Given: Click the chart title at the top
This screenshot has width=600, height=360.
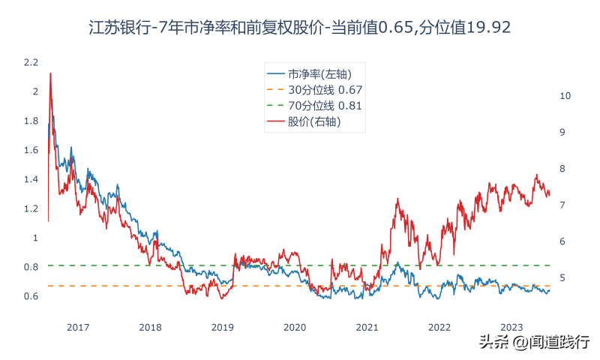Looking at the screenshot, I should point(300,28).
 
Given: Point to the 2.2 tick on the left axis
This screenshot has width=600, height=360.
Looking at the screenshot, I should point(30,62).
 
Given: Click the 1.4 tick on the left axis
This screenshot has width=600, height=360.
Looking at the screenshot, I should point(30,179).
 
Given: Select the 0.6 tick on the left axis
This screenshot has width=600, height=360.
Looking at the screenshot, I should point(30,296).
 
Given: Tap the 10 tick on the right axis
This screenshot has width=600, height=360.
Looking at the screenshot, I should point(566,96).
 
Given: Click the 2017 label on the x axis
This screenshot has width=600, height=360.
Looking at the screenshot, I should point(78,327).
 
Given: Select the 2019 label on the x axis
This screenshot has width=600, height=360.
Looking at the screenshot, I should point(223,327).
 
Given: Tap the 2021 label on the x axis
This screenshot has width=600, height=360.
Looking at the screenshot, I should point(367,327).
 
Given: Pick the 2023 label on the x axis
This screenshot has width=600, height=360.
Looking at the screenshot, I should point(511,327).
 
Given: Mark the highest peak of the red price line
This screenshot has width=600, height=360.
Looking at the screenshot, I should point(50,73).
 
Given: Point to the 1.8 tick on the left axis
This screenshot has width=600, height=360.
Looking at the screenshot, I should point(30,121).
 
